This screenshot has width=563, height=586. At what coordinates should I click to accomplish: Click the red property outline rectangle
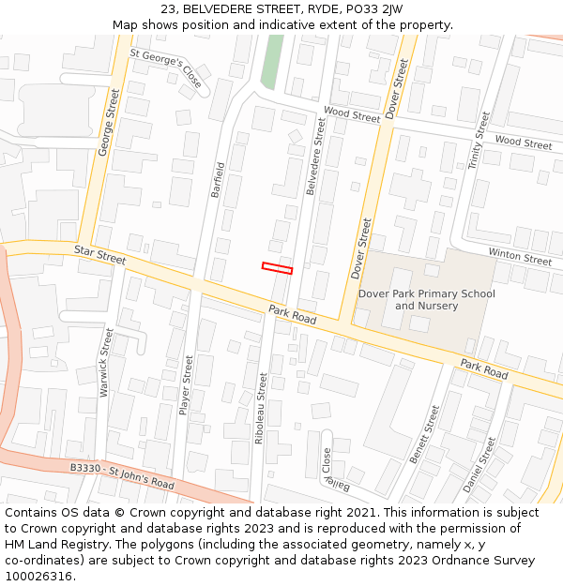pyautogui.click(x=277, y=268)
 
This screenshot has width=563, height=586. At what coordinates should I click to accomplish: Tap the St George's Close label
pyautogui.click(x=165, y=68)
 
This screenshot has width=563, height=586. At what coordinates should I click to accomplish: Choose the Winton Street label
pyautogui.click(x=519, y=257)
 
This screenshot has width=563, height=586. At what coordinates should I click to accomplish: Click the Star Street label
pyautogui.click(x=99, y=254)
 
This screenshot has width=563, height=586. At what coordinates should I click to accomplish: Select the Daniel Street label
pyautogui.click(x=479, y=464)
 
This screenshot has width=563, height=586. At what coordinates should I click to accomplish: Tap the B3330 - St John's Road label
pyautogui.click(x=122, y=475)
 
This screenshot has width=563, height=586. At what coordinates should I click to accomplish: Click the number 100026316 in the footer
pyautogui.click(x=38, y=577)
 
